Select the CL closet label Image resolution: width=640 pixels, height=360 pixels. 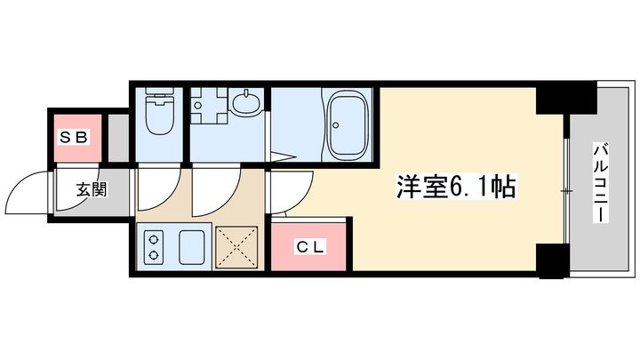(x=310, y=247)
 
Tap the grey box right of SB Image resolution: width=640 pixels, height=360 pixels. (x=118, y=139)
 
